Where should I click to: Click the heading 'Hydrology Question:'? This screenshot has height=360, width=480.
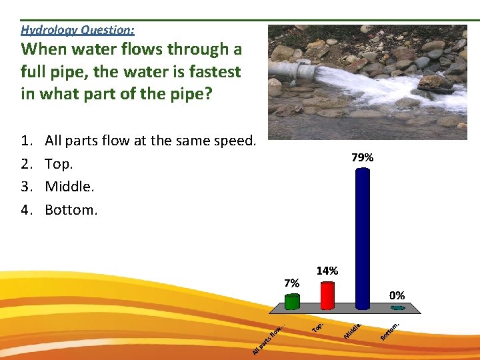coord(77,29)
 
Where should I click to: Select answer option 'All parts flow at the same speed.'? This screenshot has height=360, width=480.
coord(150,141)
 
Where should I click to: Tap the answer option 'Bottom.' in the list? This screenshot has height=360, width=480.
coord(71,210)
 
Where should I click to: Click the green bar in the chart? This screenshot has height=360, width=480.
coord(292,301)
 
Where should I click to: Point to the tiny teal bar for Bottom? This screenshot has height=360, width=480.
coord(398,308)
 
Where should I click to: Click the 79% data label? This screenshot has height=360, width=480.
coord(362,158)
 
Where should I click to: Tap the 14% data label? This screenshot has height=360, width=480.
coord(327,271)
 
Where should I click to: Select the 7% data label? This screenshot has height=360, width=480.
coord(291,283)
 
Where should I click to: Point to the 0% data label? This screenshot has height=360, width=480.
coord(397,295)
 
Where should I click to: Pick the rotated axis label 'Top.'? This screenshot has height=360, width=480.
coord(319,327)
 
